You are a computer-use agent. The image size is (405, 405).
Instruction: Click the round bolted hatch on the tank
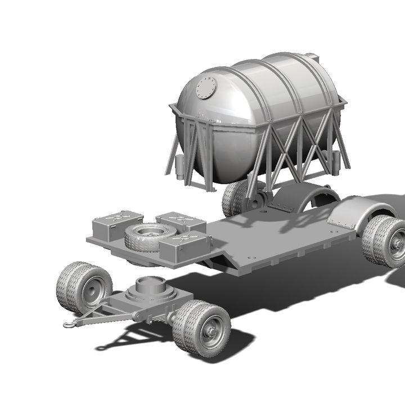point(206,88)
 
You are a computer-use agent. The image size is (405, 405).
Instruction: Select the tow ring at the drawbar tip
point(70,323)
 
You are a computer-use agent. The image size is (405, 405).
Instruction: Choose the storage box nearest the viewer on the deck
point(184,247)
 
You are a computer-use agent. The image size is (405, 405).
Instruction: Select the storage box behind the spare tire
point(180,221)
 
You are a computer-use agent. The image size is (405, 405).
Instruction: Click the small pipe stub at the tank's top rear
point(310,57)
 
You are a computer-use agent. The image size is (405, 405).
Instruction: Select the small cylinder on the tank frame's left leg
point(179,166)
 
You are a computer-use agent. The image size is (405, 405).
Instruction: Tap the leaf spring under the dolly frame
point(163,318)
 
